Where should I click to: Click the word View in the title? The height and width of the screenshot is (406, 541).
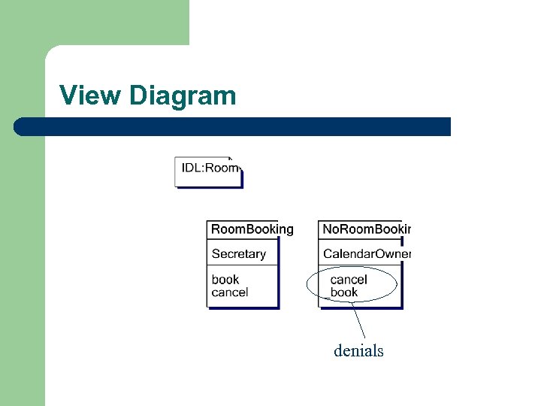pyautogui.click(x=90, y=95)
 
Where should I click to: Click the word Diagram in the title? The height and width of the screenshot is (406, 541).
pyautogui.click(x=183, y=95)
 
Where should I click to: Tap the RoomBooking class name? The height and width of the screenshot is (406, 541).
pyautogui.click(x=252, y=229)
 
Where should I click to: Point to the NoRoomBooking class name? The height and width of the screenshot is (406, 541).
pyautogui.click(x=366, y=229)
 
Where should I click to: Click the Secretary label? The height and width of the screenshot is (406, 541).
pyautogui.click(x=238, y=254)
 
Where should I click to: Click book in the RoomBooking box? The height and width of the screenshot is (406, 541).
pyautogui.click(x=225, y=280)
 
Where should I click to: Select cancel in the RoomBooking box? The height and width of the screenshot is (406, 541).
pyautogui.click(x=229, y=292)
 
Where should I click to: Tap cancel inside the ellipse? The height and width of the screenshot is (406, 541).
pyautogui.click(x=349, y=280)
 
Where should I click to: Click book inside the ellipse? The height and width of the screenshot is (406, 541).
pyautogui.click(x=344, y=292)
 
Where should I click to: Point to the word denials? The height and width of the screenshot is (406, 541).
pyautogui.click(x=358, y=351)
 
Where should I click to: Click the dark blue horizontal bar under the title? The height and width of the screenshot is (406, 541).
pyautogui.click(x=240, y=126)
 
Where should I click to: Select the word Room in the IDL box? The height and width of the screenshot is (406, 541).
pyautogui.click(x=222, y=168)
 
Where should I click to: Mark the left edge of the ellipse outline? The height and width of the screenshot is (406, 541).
pyautogui.click(x=308, y=286)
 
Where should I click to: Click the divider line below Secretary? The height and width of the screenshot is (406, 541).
pyautogui.click(x=242, y=265)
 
